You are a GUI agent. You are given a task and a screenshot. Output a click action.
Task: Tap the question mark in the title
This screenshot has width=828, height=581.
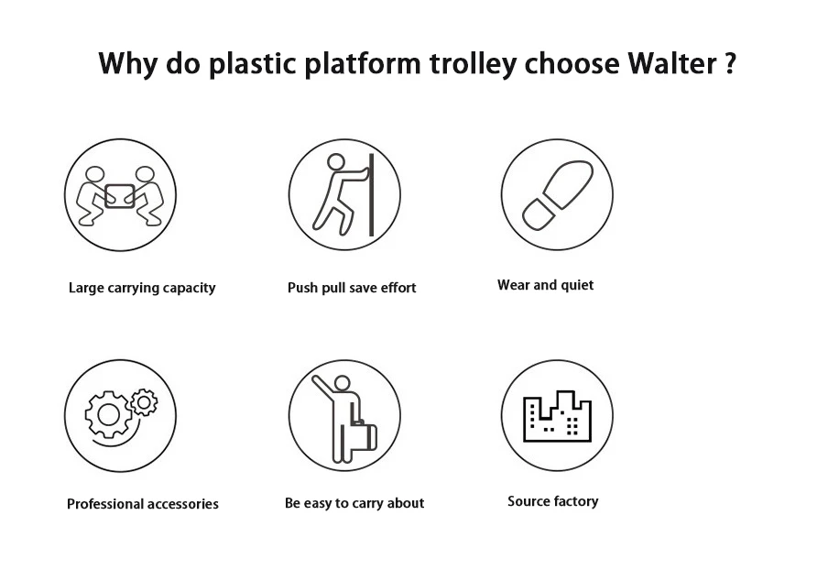(x=729, y=63)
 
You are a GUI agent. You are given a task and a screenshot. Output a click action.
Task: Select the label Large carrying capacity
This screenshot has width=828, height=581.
(x=142, y=288)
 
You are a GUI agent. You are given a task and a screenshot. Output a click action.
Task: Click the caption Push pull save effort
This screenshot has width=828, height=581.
(x=352, y=288)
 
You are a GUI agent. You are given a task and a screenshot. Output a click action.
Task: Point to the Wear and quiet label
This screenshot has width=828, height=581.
(x=545, y=285)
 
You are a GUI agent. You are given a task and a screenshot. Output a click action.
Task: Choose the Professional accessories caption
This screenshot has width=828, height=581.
(x=143, y=504)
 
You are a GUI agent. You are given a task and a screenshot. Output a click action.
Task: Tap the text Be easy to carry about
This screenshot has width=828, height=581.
(x=354, y=503)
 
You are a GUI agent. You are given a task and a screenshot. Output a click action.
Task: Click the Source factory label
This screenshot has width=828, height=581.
(x=552, y=501)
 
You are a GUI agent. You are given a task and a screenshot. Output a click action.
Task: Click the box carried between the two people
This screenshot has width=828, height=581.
(x=120, y=194)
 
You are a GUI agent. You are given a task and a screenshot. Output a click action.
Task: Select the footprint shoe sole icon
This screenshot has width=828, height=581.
(x=556, y=194)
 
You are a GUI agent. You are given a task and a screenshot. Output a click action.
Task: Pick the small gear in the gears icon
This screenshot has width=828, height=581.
(x=144, y=401)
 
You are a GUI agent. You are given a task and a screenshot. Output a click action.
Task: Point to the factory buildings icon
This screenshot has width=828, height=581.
(x=556, y=417)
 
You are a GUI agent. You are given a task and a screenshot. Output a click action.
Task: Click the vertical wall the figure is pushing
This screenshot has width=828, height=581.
(x=371, y=194)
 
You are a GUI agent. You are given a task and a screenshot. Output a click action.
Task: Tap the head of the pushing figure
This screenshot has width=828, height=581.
(x=336, y=162)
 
